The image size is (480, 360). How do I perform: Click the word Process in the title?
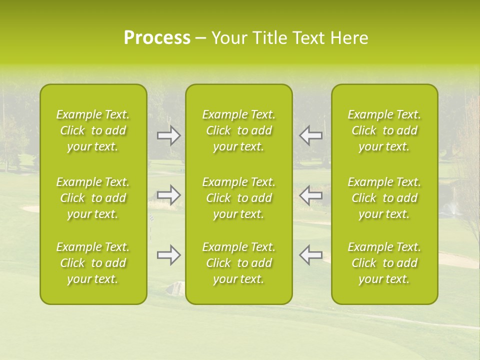pyautogui.click(x=157, y=38)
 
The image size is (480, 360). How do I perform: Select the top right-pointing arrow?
pyautogui.click(x=169, y=135)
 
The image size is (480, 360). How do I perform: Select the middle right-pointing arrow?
pyautogui.click(x=169, y=195)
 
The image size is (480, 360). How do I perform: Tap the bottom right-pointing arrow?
pyautogui.click(x=169, y=255)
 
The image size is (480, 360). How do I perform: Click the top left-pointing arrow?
pyautogui.click(x=310, y=135)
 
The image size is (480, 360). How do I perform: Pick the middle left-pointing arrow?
pyautogui.click(x=310, y=195)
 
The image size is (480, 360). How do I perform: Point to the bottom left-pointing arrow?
pyautogui.click(x=310, y=255)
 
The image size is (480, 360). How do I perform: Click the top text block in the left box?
pyautogui.click(x=93, y=130)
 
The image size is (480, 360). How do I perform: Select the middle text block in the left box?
pyautogui.click(x=93, y=198)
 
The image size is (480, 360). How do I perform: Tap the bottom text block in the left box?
pyautogui.click(x=93, y=263)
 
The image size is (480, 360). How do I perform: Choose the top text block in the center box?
pyautogui.click(x=239, y=130)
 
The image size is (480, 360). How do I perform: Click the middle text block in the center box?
pyautogui.click(x=239, y=198)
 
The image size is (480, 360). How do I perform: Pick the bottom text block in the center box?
pyautogui.click(x=239, y=263)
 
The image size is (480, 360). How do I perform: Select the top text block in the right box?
pyautogui.click(x=384, y=130)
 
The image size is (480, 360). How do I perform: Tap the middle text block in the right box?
pyautogui.click(x=384, y=198)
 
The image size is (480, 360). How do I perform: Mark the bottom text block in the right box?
pyautogui.click(x=384, y=263)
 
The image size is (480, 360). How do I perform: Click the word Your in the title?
pyautogui.click(x=230, y=38)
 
